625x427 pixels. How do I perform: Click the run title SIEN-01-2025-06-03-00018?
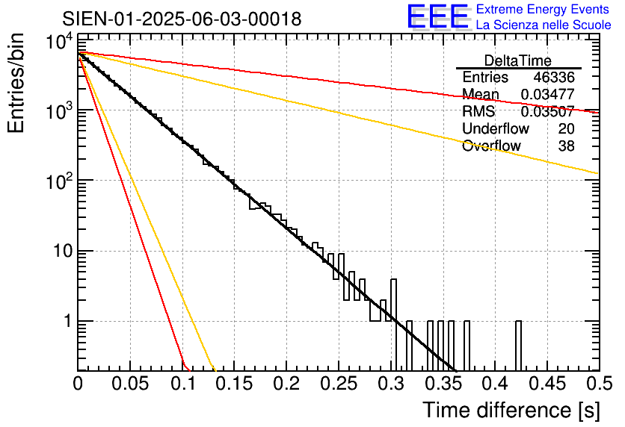(x=182, y=19)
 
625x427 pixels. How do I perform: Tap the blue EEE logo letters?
(x=437, y=16)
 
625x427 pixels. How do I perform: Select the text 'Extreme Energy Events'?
(x=543, y=9)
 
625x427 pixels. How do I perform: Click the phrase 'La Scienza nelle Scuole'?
(x=544, y=25)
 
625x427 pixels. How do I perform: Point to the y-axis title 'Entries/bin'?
(x=16, y=83)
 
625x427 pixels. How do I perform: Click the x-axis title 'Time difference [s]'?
(x=511, y=411)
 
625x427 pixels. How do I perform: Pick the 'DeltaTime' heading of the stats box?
(x=518, y=60)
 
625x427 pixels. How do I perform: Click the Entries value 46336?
(x=554, y=77)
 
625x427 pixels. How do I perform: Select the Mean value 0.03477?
(x=548, y=94)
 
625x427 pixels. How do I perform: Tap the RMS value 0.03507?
(x=548, y=111)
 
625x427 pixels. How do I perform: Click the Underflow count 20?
(x=566, y=128)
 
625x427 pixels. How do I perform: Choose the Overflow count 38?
(x=566, y=146)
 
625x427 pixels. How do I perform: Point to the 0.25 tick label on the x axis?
(x=339, y=384)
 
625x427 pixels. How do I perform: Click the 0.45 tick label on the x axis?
(x=547, y=384)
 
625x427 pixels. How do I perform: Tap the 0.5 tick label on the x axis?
(x=599, y=384)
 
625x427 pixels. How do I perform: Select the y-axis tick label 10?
(x=63, y=251)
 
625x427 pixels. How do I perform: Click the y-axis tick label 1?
(x=68, y=321)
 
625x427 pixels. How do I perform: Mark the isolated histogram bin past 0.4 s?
(x=518, y=346)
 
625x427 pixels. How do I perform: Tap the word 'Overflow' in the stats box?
(x=491, y=146)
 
